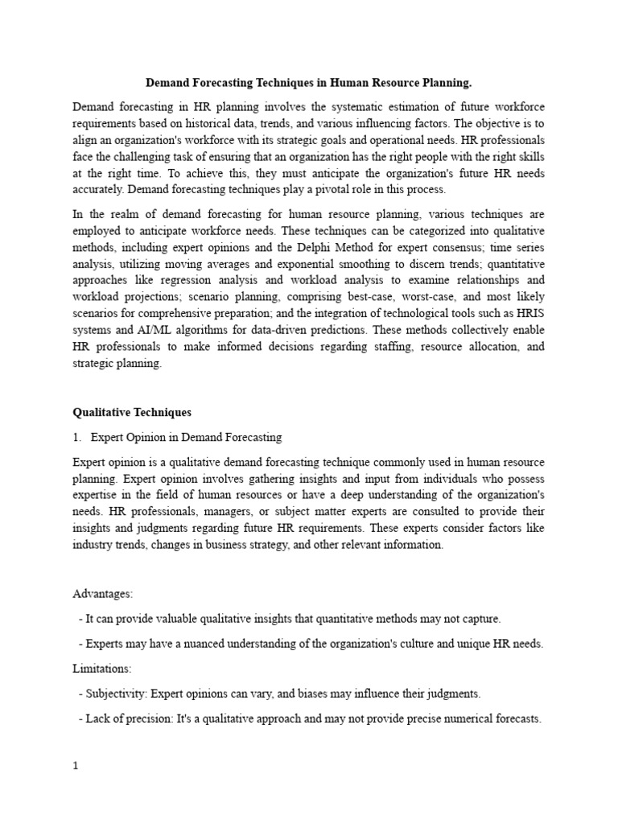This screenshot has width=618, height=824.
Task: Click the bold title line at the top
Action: [x=308, y=82]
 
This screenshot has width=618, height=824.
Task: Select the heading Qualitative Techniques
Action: [x=132, y=412]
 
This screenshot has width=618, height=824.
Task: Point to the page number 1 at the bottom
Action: [x=76, y=766]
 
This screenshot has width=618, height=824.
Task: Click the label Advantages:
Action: [x=102, y=593]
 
